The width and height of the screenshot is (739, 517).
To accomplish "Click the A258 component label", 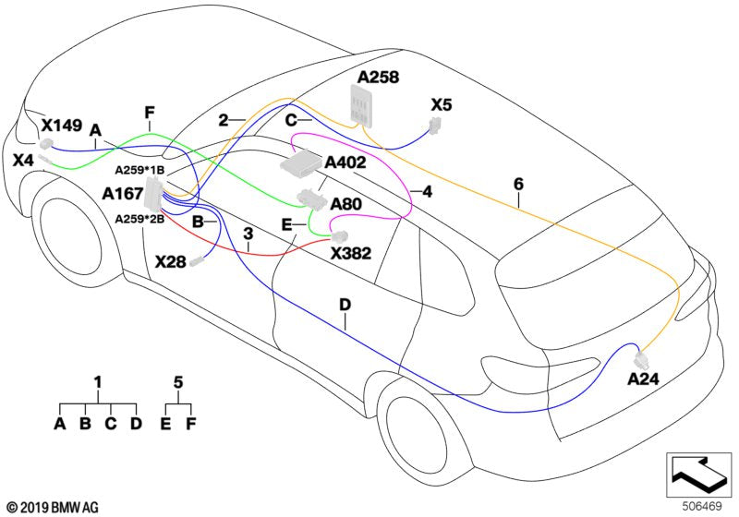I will coord(378,78).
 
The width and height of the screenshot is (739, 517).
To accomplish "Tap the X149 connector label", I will coord(62,125).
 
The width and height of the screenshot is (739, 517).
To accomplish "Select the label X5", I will coord(442,105).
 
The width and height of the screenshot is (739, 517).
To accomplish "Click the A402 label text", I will coord(345,162).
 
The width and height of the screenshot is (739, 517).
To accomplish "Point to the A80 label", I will coord(345,204).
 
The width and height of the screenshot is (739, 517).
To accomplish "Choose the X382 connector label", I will coord(350,252).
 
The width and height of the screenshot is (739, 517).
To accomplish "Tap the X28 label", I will coord(170,262).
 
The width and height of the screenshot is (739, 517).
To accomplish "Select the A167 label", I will coord(122,194).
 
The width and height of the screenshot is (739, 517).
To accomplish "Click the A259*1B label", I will coord(139,171).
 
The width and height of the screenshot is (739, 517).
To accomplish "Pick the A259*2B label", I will coord(139,219).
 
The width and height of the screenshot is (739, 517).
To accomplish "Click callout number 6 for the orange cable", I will coord(519,184).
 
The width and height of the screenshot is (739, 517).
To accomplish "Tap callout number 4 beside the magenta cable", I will coord(427,192).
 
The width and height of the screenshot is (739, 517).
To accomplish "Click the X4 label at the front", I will coord(23,161).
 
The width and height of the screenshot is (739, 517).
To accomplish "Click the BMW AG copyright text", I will coord(52,507).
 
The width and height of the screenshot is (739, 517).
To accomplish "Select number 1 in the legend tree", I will coord(98,381).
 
